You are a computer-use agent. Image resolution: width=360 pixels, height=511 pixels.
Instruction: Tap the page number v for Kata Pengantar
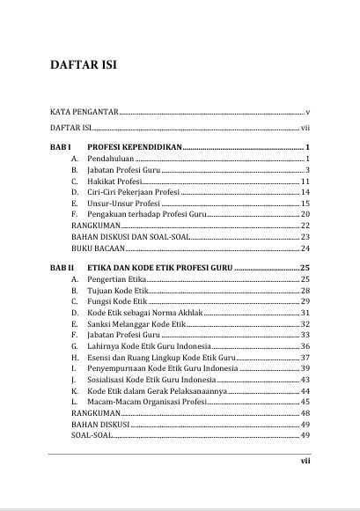pos(308,114)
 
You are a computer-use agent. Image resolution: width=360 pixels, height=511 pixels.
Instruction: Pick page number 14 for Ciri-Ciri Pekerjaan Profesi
pos(305,192)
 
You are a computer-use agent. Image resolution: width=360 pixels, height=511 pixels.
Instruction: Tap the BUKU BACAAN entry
pos(97,249)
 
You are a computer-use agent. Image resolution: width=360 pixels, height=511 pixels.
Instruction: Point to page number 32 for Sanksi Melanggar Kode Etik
pos(305,325)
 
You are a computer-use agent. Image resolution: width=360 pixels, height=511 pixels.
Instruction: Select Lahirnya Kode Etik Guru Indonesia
pos(149,348)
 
